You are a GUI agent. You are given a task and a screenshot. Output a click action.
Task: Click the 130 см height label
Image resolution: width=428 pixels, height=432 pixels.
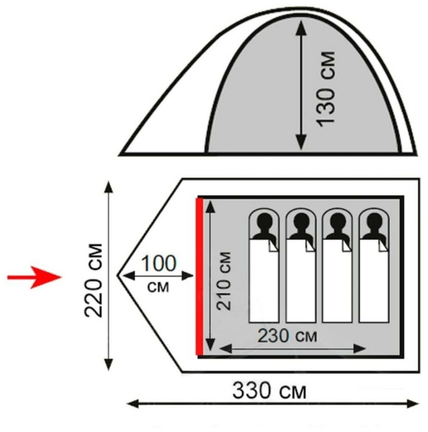pyautogui.click(x=326, y=88)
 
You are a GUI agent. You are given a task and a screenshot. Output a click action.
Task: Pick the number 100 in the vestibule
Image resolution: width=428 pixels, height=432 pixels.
pyautogui.click(x=159, y=264)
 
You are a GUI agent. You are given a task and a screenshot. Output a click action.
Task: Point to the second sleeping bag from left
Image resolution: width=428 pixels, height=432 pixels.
pyautogui.click(x=301, y=281)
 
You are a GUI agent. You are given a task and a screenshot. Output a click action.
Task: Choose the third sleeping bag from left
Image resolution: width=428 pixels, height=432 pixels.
pyautogui.click(x=337, y=281)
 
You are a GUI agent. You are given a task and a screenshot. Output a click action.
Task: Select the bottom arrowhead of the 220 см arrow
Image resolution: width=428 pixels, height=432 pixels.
pyautogui.click(x=108, y=365)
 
